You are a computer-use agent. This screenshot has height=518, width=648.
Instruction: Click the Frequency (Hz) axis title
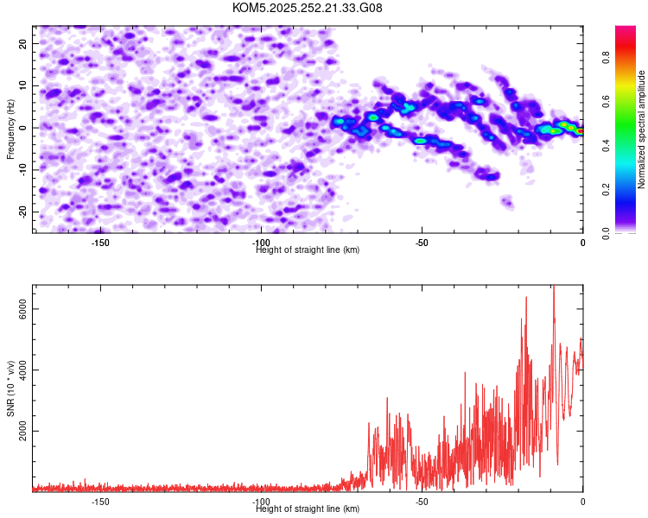10,128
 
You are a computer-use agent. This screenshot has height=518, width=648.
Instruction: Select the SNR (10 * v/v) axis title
10,388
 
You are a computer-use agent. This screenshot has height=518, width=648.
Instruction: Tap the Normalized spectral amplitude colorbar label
642,129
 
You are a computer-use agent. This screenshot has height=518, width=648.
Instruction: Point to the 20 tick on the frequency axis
23,43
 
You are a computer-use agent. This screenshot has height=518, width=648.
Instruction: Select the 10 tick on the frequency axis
23,85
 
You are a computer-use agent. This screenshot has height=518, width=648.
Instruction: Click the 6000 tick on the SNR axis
23,309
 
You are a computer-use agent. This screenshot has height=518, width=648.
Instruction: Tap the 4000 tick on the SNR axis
23,370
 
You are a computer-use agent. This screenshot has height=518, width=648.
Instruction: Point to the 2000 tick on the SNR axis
23,431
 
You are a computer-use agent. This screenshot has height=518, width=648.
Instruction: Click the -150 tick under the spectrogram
99,242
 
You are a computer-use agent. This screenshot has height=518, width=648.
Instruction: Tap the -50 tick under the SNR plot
422,501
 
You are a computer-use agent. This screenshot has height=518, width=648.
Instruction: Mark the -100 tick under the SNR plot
261,501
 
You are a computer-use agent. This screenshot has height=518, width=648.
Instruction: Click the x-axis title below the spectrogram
308,250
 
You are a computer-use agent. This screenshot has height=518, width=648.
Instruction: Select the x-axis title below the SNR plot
308,509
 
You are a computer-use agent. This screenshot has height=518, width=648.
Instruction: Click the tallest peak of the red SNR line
553,287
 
